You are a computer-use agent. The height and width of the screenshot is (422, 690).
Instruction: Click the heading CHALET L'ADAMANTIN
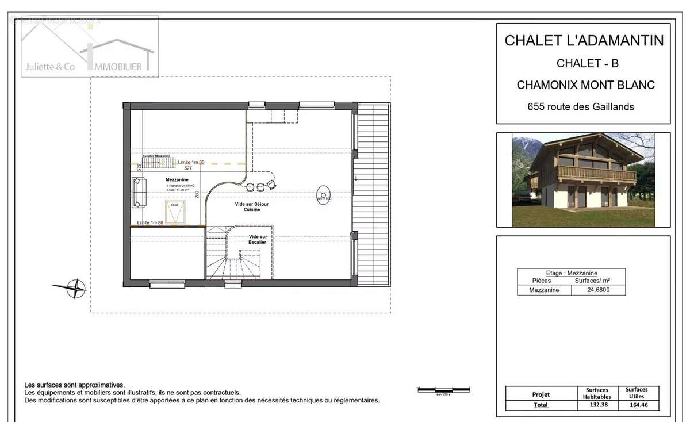(x=584, y=41)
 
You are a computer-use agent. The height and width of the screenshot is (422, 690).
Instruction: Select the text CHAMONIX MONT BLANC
(x=585, y=85)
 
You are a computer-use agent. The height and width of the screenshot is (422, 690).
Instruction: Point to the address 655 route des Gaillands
(x=581, y=106)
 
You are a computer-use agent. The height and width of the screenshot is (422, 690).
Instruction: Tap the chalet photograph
(x=583, y=179)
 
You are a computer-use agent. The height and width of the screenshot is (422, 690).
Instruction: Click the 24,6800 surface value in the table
(x=598, y=290)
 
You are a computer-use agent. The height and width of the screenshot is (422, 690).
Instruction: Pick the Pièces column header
(x=541, y=281)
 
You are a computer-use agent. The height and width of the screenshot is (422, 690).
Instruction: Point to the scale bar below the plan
(x=443, y=390)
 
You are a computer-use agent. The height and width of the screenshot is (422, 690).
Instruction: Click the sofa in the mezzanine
(x=139, y=193)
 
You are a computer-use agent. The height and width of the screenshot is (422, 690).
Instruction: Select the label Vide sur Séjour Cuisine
(x=252, y=207)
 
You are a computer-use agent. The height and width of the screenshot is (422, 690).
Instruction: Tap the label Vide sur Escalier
(x=258, y=240)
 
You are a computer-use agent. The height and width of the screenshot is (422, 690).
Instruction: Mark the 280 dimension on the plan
(x=197, y=194)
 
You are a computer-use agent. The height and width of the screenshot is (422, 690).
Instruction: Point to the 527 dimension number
(x=188, y=168)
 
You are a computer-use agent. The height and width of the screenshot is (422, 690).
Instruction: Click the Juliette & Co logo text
(x=49, y=67)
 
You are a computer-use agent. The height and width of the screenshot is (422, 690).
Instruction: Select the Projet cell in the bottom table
(x=540, y=394)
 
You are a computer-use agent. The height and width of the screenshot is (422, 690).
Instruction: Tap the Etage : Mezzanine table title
(x=571, y=273)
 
